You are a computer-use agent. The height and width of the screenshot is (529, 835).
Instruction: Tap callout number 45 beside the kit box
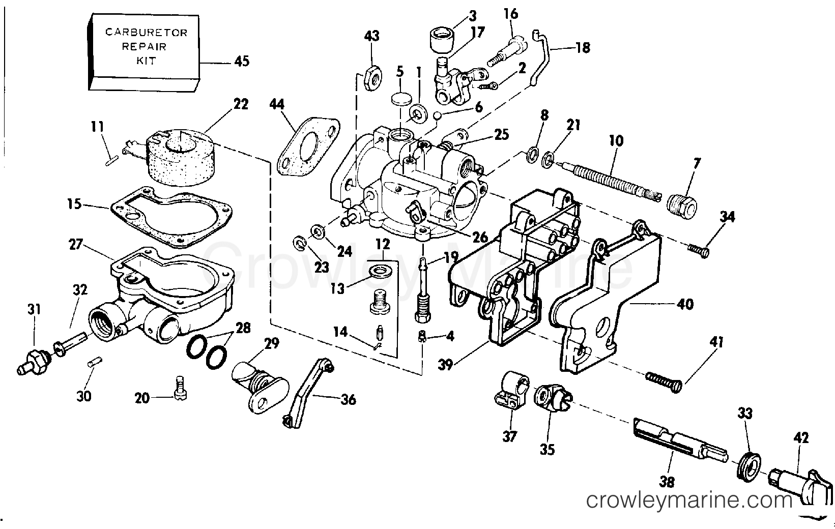tap(242, 62)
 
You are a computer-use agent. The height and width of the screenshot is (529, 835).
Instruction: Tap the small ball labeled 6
tap(437, 115)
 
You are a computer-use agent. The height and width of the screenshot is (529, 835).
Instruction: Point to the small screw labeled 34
tap(699, 250)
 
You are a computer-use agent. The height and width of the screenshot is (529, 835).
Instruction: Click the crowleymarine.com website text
tap(689, 501)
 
